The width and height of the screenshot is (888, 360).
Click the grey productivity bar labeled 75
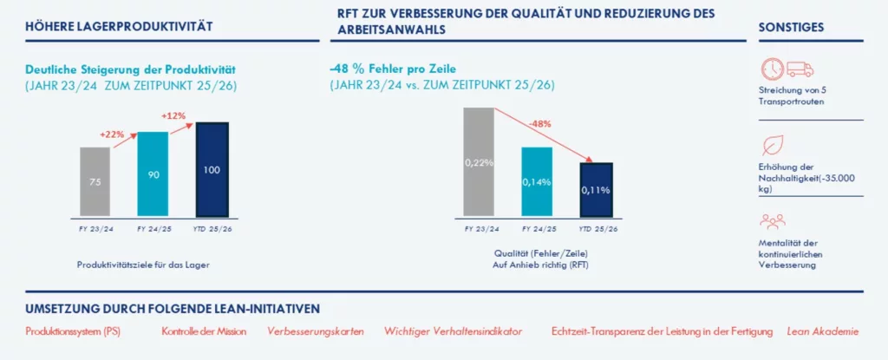[x=95, y=181]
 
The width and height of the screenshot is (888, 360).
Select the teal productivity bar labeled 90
[x=153, y=173]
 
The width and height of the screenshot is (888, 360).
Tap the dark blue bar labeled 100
[x=211, y=168]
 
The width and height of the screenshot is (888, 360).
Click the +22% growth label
[x=112, y=134]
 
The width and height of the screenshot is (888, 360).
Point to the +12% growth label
[x=174, y=115]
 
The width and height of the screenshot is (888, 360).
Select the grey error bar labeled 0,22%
[x=478, y=161]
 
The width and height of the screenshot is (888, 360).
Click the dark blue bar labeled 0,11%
[x=595, y=188]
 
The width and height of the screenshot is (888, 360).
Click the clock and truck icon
[x=787, y=69]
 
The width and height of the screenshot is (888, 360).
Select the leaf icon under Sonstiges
[x=770, y=144]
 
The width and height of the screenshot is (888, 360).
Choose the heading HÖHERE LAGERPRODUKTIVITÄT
[x=119, y=27]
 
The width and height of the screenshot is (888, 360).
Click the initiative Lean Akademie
[x=823, y=331]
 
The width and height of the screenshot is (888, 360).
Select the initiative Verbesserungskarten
[x=315, y=331]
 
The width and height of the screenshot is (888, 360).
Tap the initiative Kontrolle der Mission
[x=204, y=331]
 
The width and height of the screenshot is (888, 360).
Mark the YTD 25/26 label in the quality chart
[x=595, y=228]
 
